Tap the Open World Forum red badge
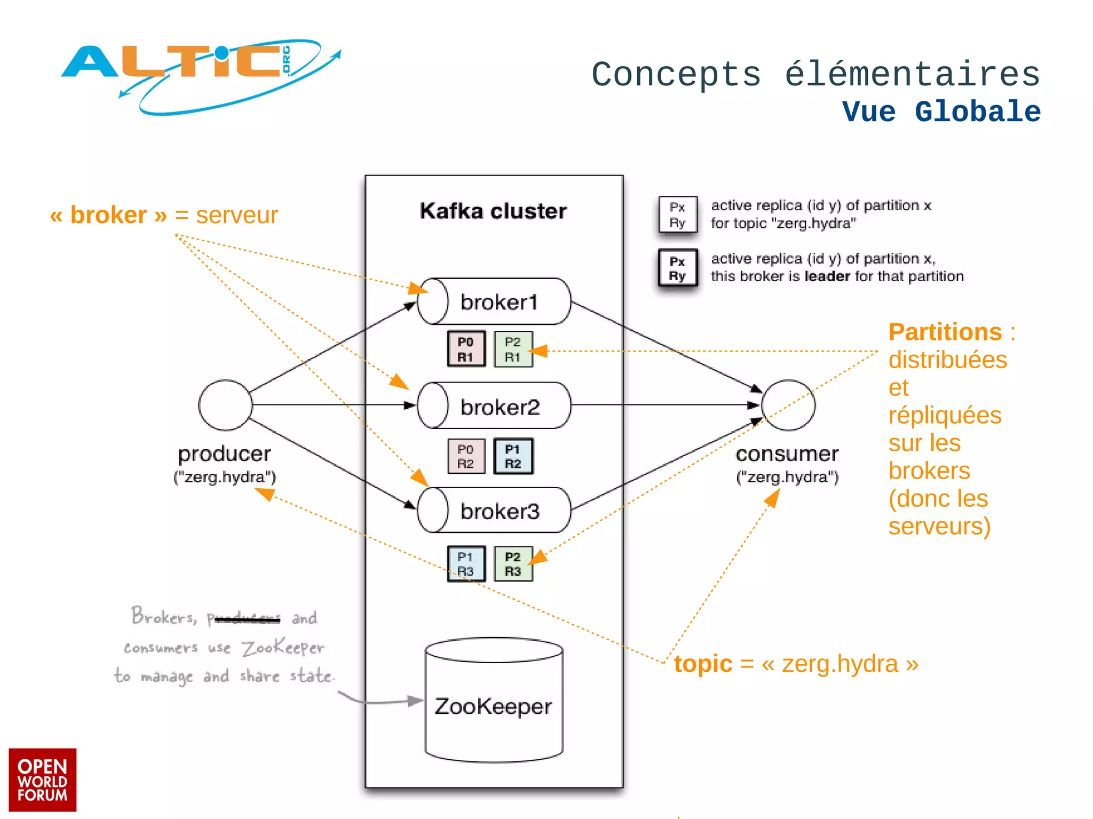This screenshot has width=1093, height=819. (43, 780)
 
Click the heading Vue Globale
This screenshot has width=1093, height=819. (941, 112)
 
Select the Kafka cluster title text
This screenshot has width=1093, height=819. (493, 211)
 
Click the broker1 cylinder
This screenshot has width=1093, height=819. (494, 302)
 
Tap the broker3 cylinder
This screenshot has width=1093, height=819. (494, 511)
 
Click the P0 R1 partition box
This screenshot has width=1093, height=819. (466, 349)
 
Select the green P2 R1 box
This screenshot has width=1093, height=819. (513, 349)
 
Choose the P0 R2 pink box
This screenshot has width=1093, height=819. (466, 456)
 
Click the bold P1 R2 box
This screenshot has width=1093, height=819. (513, 456)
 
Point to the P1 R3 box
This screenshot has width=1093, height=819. (466, 563)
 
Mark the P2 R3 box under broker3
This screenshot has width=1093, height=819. (513, 563)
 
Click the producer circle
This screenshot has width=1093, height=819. (225, 405)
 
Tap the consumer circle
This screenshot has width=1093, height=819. (788, 405)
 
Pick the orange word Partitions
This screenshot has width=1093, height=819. (945, 332)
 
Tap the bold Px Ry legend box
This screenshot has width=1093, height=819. (677, 268)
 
